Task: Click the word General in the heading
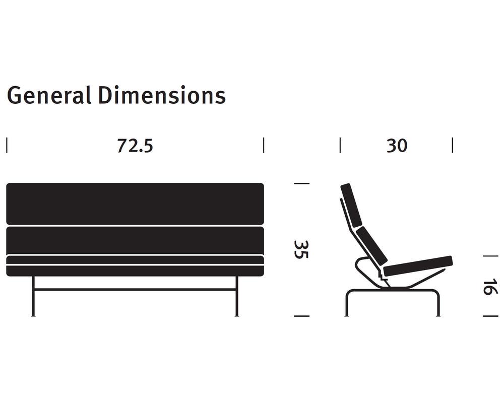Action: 49,95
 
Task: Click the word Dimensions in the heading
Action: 161,95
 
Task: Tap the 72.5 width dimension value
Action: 135,146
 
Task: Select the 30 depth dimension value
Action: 397,146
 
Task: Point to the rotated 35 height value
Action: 301,249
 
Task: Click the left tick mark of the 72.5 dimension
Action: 7,145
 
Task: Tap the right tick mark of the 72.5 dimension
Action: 264,145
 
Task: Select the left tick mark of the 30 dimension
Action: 340,145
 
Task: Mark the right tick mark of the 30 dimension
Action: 453,145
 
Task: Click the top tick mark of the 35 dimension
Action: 301,184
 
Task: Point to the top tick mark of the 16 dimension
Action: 490,256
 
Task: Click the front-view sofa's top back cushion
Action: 135,204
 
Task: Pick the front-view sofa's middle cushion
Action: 135,240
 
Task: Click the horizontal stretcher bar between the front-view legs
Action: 135,290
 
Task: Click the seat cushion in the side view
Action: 418,265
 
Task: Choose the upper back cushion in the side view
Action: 351,205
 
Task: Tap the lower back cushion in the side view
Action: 372,246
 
